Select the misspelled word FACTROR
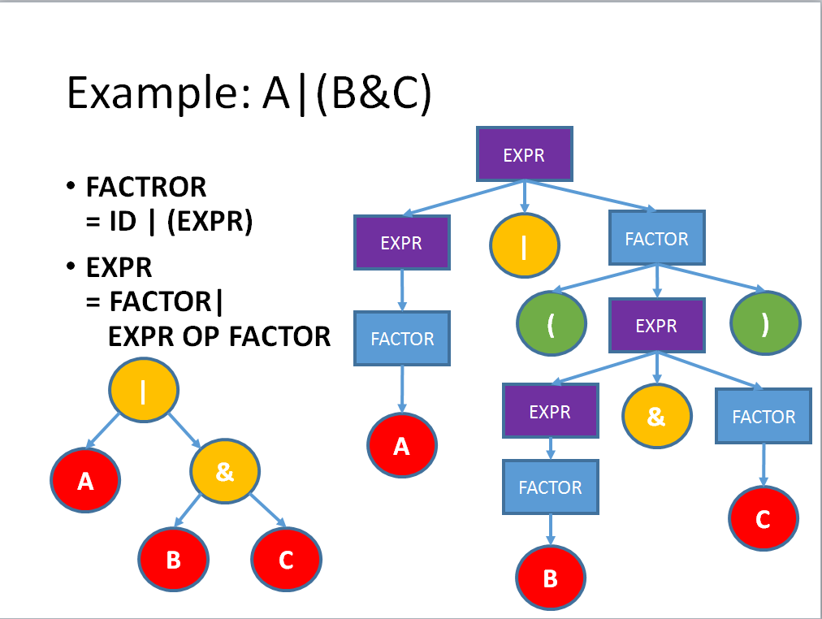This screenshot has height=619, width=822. (x=146, y=188)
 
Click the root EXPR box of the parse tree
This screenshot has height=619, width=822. (x=524, y=154)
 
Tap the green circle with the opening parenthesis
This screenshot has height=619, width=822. (x=551, y=323)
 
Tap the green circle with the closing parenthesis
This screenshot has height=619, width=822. (x=765, y=323)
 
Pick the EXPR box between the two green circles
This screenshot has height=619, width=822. (x=656, y=326)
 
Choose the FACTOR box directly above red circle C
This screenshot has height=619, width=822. (x=764, y=417)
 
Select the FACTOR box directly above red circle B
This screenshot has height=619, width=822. (x=550, y=487)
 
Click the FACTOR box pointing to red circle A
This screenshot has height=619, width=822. (x=402, y=339)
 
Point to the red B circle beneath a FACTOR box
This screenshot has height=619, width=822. (x=550, y=579)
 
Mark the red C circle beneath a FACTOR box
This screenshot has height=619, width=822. (x=763, y=520)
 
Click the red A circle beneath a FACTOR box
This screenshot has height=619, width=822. (x=401, y=445)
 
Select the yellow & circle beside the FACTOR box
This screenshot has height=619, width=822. (x=656, y=417)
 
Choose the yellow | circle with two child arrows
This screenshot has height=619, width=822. (x=144, y=391)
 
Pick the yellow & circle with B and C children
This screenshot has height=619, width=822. (x=225, y=472)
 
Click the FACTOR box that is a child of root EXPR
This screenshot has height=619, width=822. (x=656, y=239)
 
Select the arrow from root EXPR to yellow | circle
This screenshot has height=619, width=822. (x=524, y=197)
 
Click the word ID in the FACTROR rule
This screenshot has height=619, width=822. (x=123, y=222)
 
